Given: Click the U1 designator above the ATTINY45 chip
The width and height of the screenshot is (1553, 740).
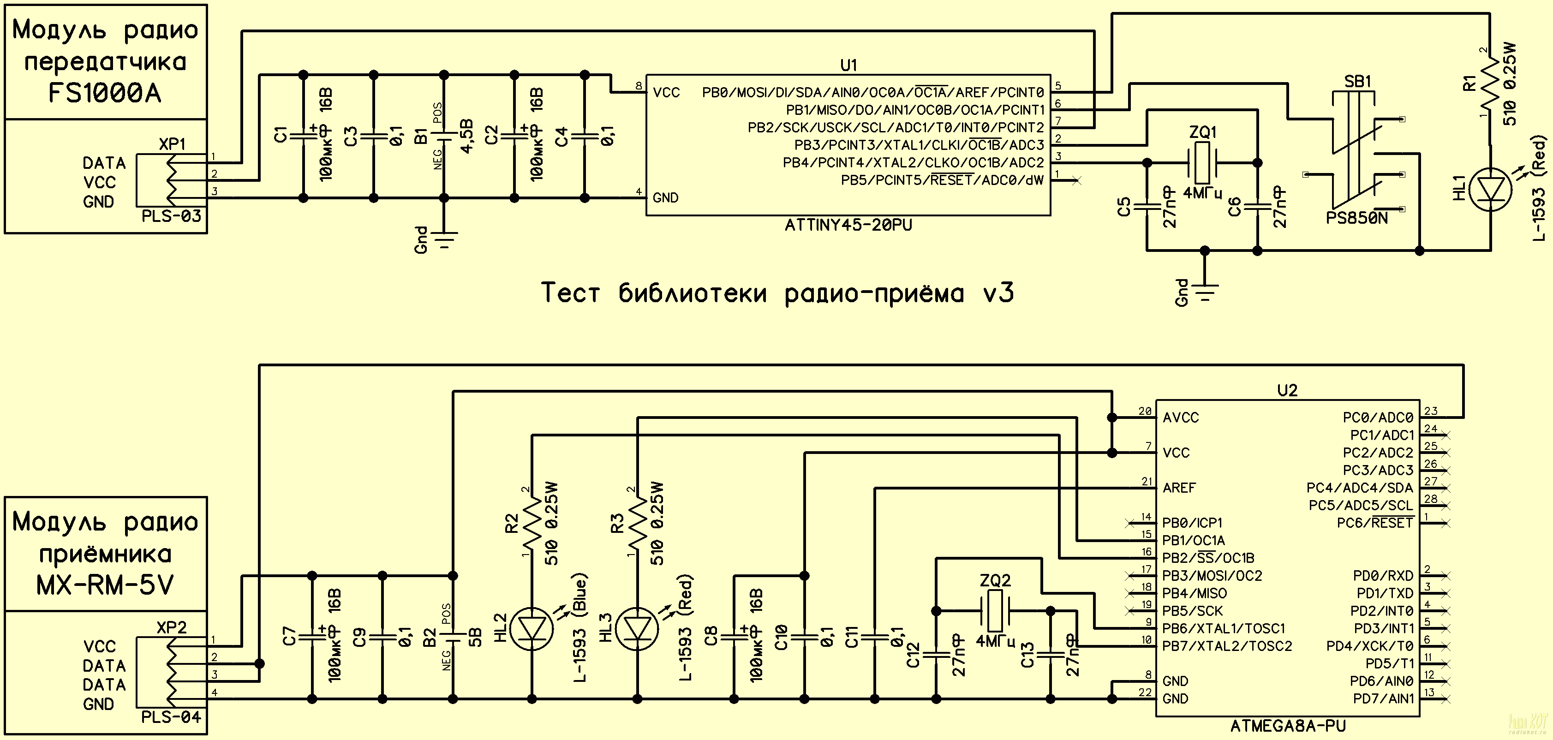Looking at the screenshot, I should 848,65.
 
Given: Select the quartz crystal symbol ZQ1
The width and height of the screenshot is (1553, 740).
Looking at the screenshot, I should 1202,163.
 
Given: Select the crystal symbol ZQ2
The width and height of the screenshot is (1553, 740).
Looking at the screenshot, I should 993,610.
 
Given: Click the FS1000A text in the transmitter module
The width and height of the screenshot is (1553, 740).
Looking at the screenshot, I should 105,93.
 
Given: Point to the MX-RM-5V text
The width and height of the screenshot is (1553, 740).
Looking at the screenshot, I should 105,585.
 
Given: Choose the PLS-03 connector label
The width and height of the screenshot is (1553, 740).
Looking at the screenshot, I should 171,216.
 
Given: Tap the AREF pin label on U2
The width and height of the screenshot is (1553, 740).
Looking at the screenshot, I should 1179,488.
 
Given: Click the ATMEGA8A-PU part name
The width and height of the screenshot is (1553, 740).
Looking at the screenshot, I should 1288,727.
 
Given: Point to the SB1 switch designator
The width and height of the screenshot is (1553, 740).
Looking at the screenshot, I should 1358,81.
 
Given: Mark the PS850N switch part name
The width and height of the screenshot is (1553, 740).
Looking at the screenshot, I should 1356,218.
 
